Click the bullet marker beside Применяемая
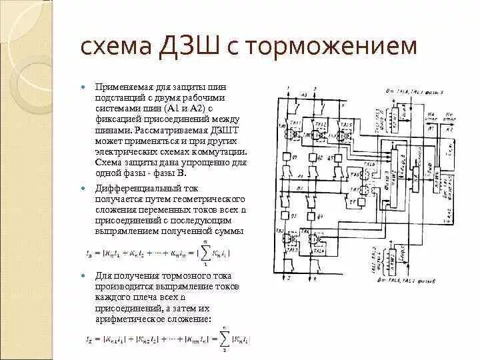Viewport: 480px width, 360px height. tap(82, 88)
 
